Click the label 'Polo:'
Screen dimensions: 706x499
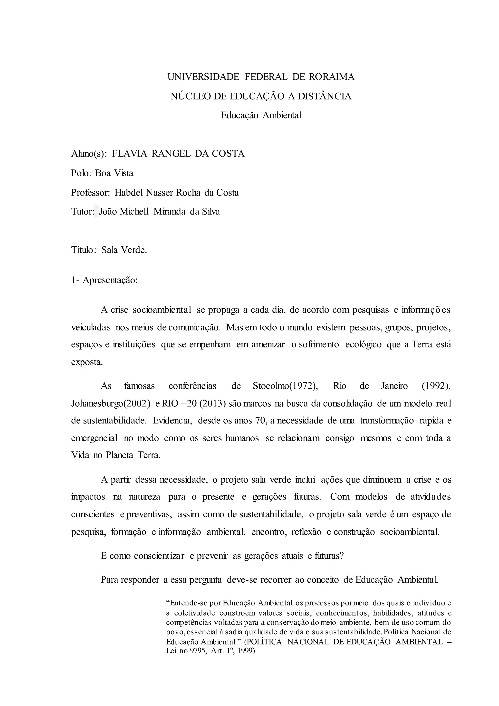pos(81,173)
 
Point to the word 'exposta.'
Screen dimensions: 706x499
pos(87,362)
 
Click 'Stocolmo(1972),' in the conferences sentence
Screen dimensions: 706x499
pos(285,386)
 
